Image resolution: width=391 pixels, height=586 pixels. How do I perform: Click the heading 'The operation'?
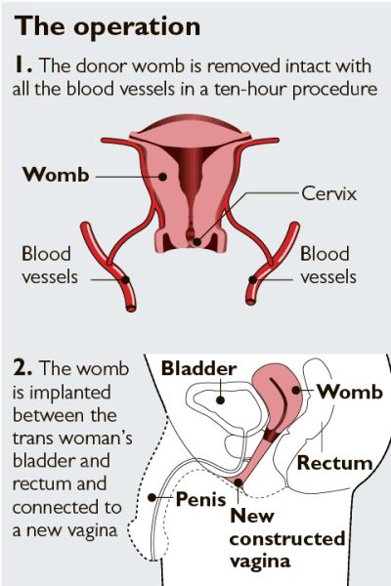108,26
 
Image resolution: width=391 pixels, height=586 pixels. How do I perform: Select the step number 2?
22,368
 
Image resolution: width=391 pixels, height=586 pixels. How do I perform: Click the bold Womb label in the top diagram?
56,175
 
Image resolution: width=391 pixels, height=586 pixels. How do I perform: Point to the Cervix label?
328,193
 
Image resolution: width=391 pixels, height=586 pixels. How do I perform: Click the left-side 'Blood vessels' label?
50,265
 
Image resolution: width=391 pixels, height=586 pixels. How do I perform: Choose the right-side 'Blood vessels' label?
328,265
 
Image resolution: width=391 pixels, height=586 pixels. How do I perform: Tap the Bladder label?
198,368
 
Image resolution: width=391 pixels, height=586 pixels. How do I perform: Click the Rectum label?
335,463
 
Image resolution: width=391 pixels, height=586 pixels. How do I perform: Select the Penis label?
201,499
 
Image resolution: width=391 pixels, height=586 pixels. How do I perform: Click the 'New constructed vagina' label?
287,538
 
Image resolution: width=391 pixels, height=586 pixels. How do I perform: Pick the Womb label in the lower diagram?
350,392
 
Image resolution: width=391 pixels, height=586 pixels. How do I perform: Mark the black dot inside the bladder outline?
220,400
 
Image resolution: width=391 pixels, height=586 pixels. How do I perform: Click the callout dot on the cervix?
197,242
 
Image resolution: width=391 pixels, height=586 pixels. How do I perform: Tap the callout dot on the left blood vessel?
125,280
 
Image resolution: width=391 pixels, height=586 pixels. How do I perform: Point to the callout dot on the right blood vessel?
253,279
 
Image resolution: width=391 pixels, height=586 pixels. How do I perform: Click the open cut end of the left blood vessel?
131,309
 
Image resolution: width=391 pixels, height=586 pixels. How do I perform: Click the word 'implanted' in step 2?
70,393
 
